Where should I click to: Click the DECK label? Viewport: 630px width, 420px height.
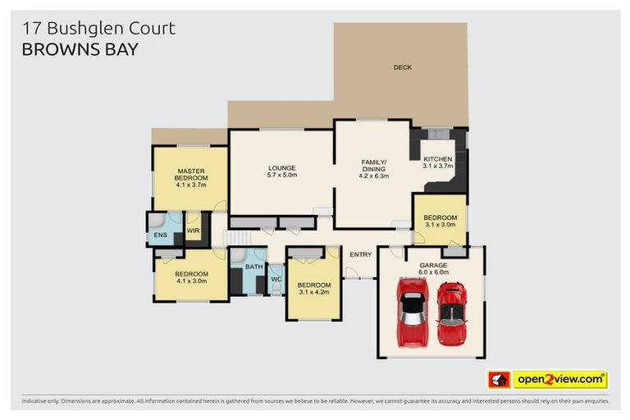402,67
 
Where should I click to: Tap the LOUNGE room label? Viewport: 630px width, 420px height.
281,167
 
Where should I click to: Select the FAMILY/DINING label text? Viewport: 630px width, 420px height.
373,165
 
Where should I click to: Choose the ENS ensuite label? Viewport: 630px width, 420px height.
160,235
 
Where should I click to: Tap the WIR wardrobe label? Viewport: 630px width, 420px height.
194,231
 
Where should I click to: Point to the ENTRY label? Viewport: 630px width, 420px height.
360,254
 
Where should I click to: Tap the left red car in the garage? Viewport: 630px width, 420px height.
412,311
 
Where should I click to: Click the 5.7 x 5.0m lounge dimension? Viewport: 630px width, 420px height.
281,175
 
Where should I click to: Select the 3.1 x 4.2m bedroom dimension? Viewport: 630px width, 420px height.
313,292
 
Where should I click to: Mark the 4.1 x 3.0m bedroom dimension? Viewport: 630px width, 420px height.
190,281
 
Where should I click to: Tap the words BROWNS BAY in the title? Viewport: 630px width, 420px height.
80,48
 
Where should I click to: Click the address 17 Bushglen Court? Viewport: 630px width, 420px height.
99,28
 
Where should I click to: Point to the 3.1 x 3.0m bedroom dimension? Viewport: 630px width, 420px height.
440,224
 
